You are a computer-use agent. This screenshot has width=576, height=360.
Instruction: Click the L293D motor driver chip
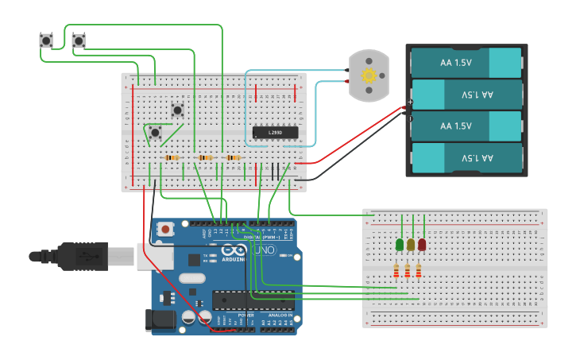[x=275, y=132]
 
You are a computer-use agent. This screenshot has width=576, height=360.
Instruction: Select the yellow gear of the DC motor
[x=369, y=76]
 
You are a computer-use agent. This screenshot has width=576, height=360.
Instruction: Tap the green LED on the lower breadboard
[x=400, y=245]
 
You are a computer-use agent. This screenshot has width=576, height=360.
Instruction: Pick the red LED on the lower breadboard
[x=422, y=245]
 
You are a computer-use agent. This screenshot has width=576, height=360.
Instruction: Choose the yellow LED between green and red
[x=411, y=245]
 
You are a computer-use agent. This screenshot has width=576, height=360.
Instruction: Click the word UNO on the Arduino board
[x=264, y=250]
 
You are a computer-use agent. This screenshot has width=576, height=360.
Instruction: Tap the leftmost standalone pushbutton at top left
[x=46, y=41]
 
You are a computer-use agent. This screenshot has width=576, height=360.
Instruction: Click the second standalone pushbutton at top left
[x=79, y=41]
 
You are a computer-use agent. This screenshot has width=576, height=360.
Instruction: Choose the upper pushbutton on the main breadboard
[x=178, y=110]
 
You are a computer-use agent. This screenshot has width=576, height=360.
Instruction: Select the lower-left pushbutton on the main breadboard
[x=155, y=132]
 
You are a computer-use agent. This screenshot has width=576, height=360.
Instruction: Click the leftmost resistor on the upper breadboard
[x=171, y=158]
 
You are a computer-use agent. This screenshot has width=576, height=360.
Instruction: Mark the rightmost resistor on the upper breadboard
[x=233, y=158]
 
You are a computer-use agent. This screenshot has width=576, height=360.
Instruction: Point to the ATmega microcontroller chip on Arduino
[x=253, y=300]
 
